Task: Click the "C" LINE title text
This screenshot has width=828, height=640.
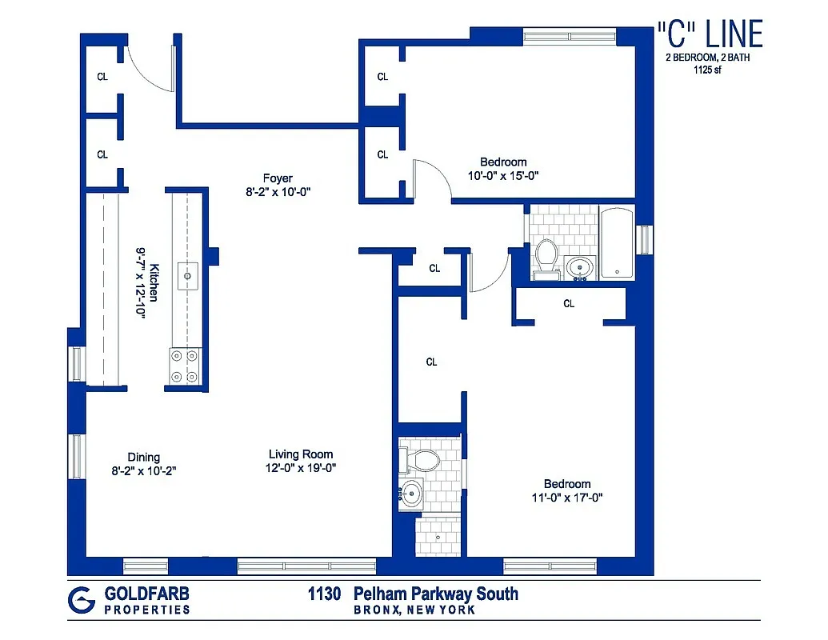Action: pos(709,34)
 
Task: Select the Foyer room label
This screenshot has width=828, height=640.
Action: pos(278,178)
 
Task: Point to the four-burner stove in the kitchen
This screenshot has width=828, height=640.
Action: pos(185,367)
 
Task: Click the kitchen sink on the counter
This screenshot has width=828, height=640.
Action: pos(187,275)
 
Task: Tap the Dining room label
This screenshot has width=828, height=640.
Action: pos(143,458)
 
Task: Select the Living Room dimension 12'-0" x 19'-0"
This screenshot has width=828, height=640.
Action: pos(301,468)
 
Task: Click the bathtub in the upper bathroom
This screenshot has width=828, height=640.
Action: pos(616,243)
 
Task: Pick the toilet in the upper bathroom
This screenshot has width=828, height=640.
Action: pos(547,256)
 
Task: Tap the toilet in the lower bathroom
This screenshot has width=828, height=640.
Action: pos(422,461)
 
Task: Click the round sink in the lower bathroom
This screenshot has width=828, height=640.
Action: pos(413,494)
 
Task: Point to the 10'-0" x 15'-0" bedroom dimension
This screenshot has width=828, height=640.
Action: pos(503,176)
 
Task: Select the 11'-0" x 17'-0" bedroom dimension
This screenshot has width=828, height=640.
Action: pos(567,497)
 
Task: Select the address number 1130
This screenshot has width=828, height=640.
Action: pos(325,594)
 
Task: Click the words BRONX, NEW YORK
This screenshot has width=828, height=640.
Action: pos(414,610)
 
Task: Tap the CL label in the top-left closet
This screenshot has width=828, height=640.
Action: pos(102,77)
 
